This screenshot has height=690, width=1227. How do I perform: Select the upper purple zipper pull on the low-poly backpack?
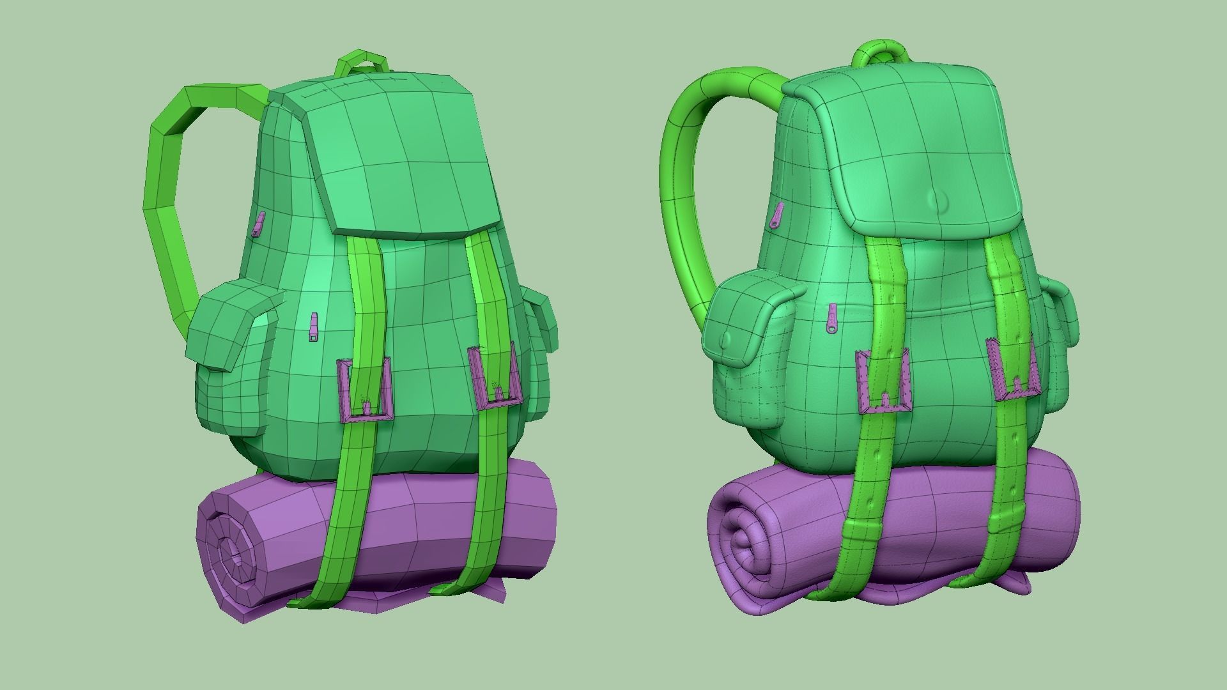259,224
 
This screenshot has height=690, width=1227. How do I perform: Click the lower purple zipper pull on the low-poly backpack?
313,327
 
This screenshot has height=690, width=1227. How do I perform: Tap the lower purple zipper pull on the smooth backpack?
832,319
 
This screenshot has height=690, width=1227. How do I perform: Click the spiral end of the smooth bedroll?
741,543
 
